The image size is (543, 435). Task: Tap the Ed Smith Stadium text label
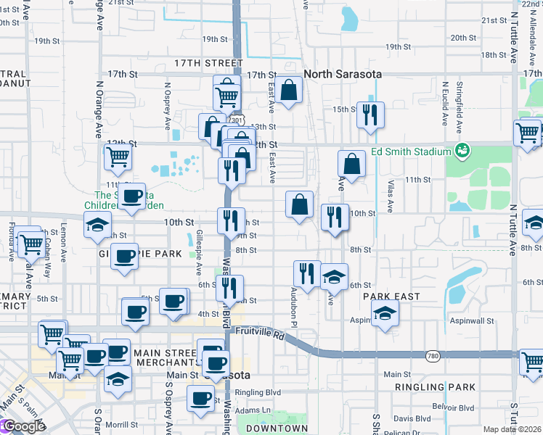point(411,152)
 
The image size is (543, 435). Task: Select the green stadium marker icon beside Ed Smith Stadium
point(460,151)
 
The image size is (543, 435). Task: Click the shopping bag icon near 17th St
point(289,91)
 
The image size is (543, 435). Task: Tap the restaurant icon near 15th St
point(371,115)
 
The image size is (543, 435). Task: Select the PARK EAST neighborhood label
point(387,297)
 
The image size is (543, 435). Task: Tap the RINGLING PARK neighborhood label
point(435,388)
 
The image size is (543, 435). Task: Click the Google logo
point(23,426)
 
